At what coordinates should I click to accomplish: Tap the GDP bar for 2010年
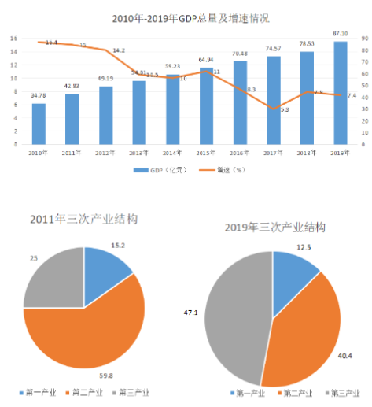[x=39, y=124]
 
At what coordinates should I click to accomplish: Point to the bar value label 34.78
[x=38, y=96]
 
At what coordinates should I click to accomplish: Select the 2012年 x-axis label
[x=105, y=152]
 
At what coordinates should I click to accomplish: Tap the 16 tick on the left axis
[x=13, y=39]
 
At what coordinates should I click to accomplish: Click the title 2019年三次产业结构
[x=274, y=228]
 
